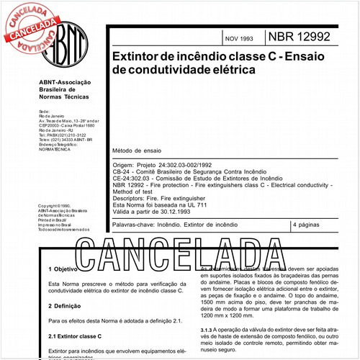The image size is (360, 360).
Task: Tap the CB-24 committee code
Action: coord(122,172)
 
